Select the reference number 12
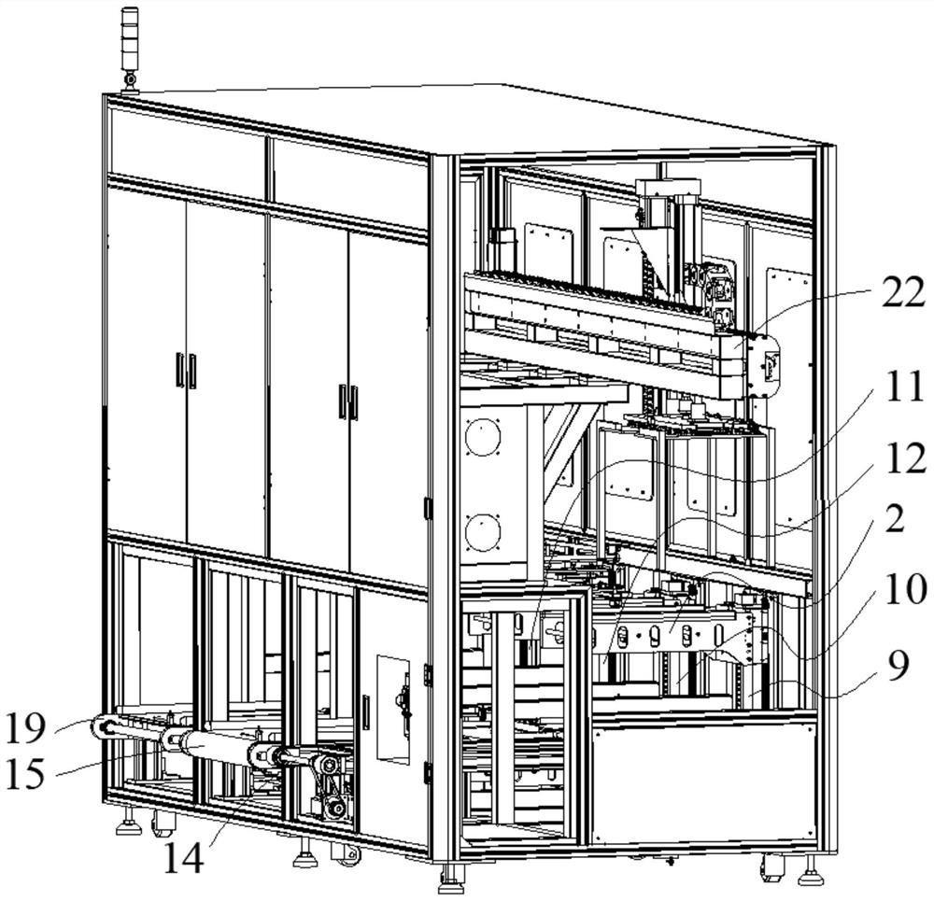pyautogui.click(x=898, y=459)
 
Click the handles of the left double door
pyautogui.click(x=185, y=371)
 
